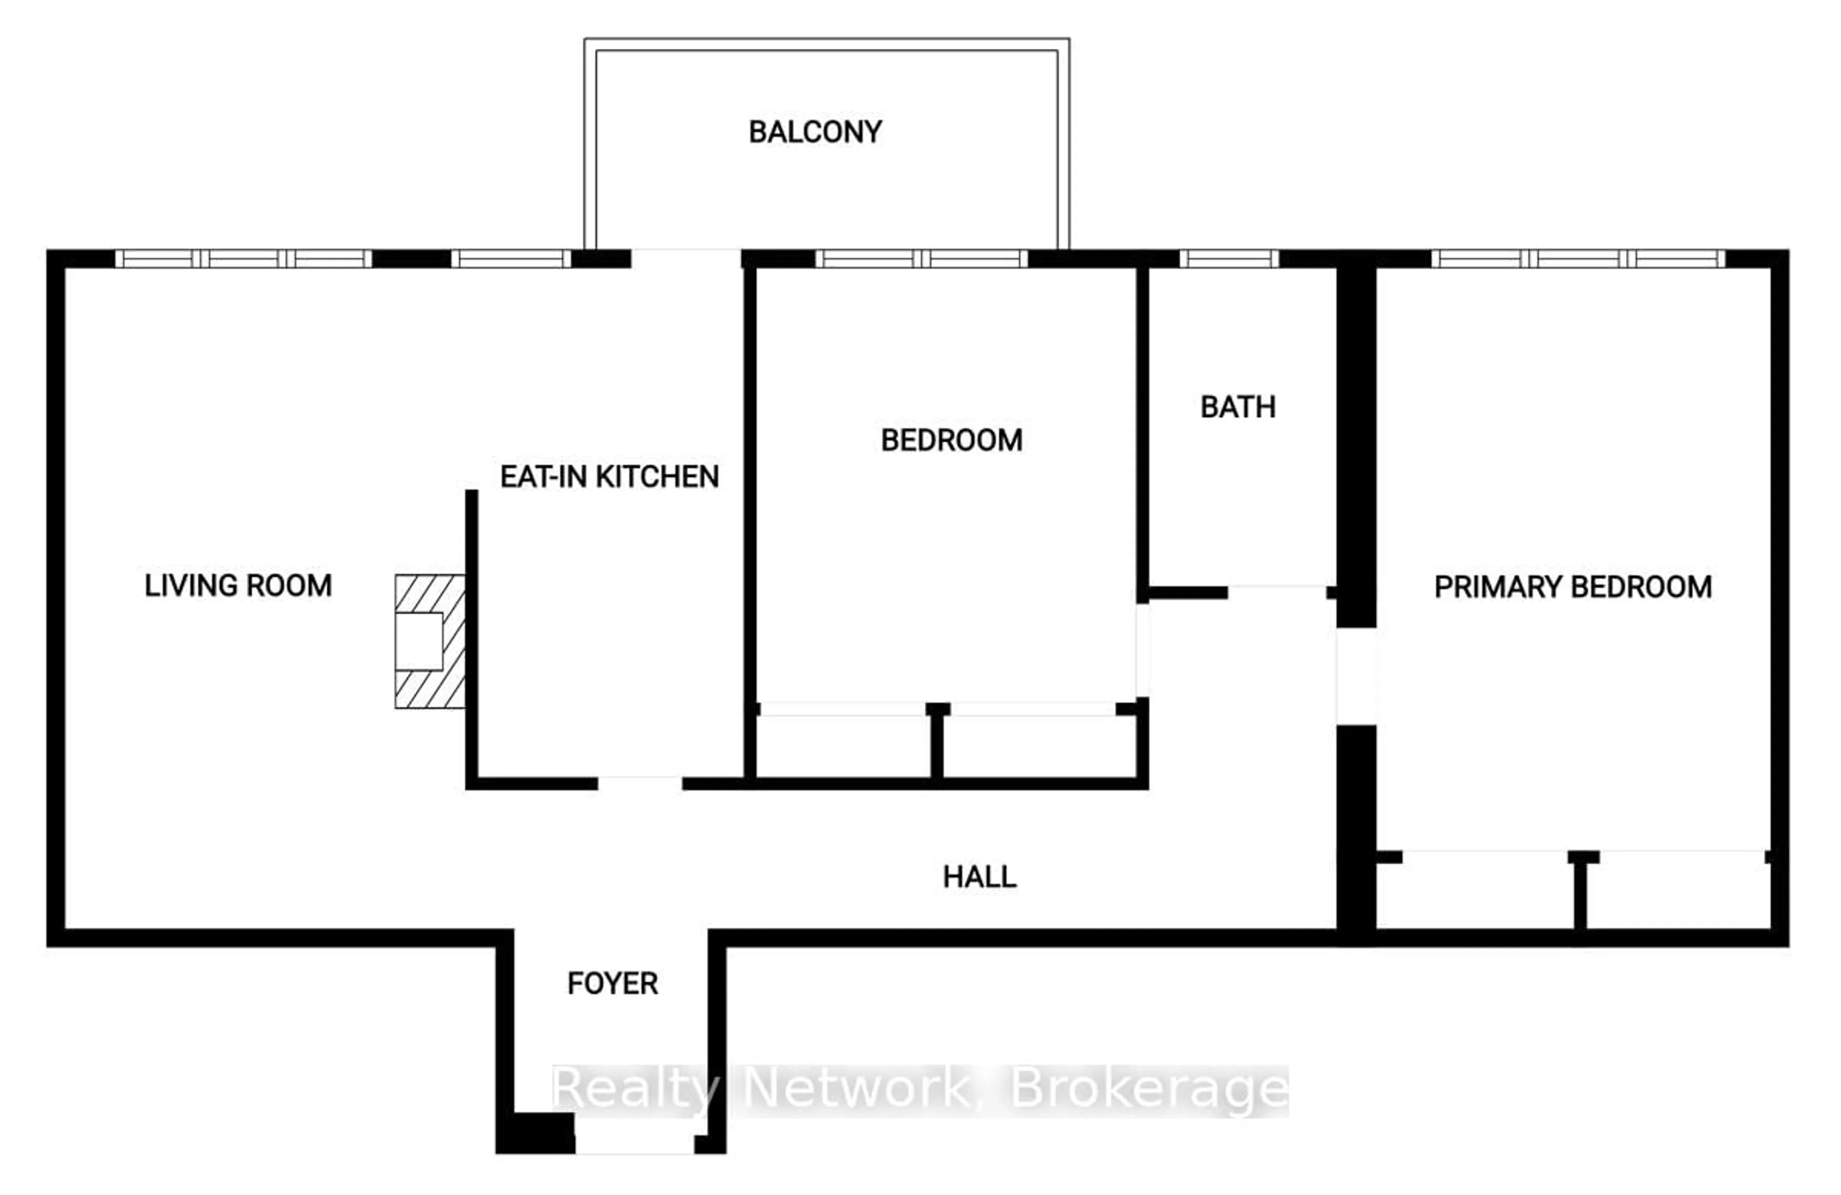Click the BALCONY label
815,132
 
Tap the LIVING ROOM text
238,585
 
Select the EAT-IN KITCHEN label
609,476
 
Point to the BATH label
1238,407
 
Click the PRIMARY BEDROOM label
1573,587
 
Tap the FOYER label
613,984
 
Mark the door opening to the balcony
686,258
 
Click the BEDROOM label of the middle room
952,440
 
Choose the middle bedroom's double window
921,258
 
